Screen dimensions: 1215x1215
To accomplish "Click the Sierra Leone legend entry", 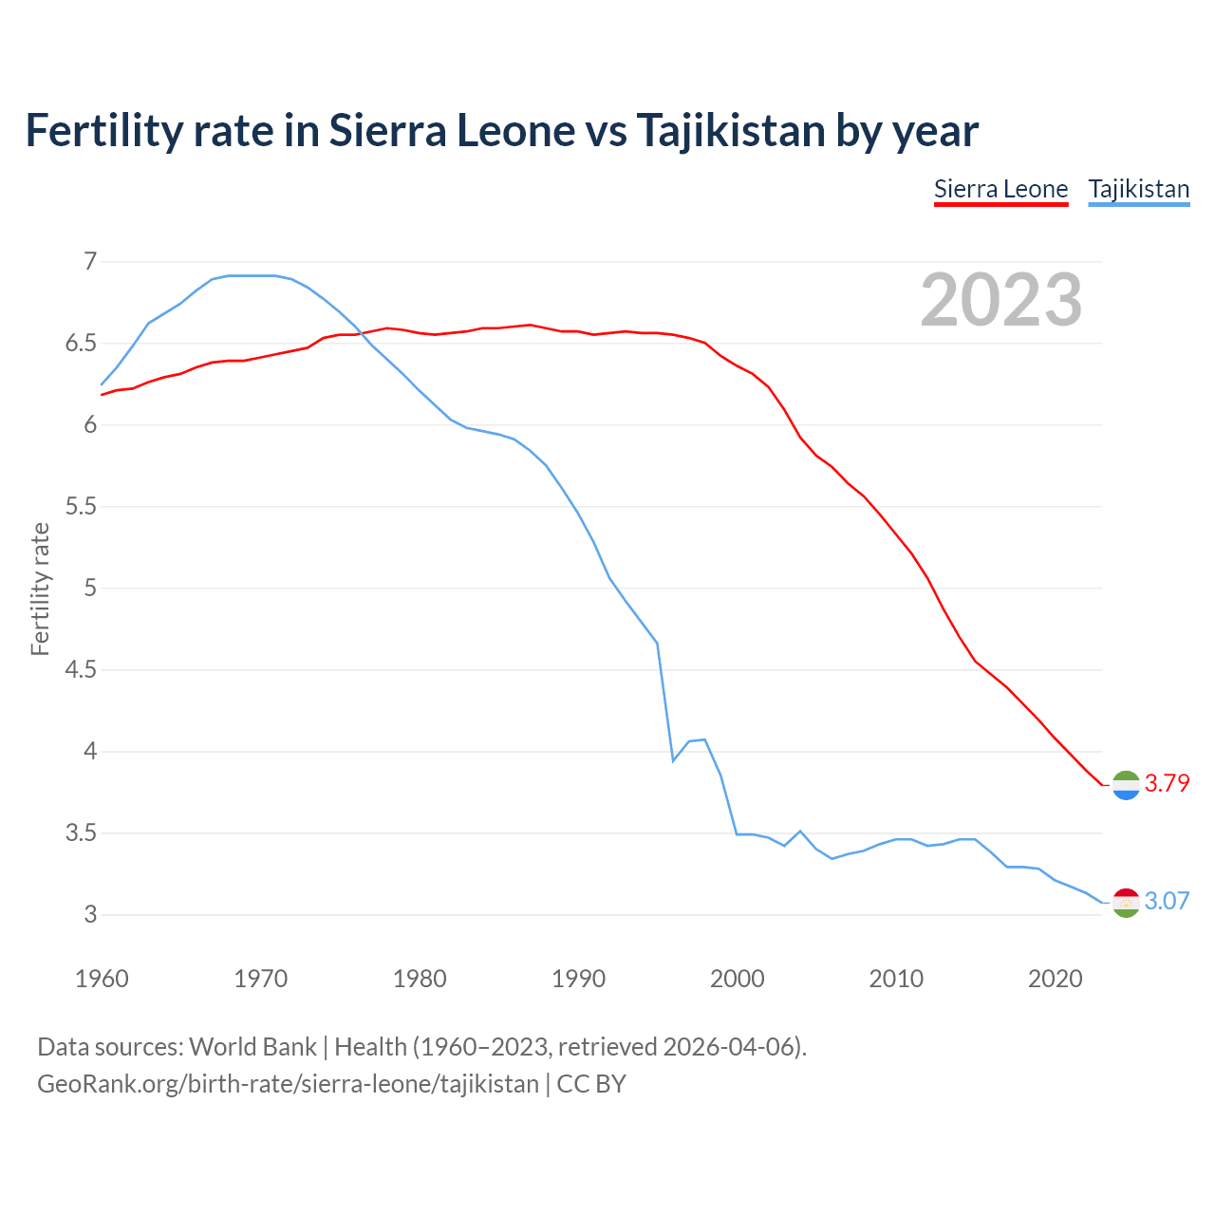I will point(1000,189).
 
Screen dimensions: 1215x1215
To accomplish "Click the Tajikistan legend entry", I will point(1138,189).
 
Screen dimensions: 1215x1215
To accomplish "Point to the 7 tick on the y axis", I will point(90,261).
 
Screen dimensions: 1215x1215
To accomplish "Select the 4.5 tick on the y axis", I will point(81,670).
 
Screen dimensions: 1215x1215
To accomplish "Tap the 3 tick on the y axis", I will point(90,915).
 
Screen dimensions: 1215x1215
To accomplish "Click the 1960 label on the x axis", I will point(102,979).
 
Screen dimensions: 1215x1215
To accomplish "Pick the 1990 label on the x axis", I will point(578,979).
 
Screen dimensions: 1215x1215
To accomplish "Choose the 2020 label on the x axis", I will point(1055,979).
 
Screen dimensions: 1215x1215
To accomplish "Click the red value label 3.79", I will point(1167,783).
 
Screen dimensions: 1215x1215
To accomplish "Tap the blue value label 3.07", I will point(1167,901).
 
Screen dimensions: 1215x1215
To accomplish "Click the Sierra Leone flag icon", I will point(1125,785).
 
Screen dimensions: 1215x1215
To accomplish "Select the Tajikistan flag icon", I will point(1125,903).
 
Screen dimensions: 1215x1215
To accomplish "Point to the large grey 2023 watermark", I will point(1000,300).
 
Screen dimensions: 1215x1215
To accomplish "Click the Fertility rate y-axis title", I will point(40,589).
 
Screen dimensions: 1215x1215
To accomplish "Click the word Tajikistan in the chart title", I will point(731,131).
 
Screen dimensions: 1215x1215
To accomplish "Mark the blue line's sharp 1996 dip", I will point(673,760).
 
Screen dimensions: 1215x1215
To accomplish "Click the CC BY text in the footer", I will point(591,1084).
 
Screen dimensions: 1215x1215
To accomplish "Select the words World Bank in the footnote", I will point(252,1047).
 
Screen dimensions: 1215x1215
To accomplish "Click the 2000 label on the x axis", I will point(737,979).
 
